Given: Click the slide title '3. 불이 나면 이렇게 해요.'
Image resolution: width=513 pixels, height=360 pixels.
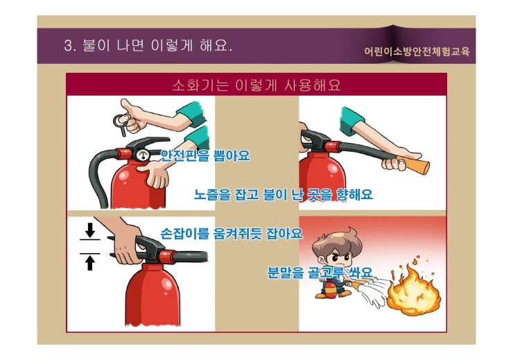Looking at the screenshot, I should [147, 47].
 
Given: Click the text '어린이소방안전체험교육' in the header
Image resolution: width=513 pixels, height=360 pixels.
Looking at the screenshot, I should [420, 51].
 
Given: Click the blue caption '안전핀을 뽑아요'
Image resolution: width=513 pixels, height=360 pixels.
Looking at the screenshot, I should [205, 155].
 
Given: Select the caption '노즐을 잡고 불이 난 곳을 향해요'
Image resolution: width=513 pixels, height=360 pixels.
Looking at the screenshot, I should [283, 195].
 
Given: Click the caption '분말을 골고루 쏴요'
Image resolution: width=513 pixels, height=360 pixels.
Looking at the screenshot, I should [320, 272].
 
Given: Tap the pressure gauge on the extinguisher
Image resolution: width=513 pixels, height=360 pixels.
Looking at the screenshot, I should [143, 155].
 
